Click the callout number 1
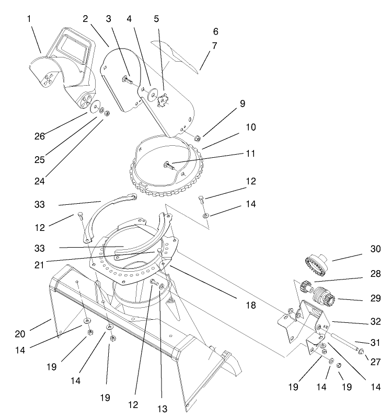[x=29, y=19]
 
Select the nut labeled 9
[x=199, y=138]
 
